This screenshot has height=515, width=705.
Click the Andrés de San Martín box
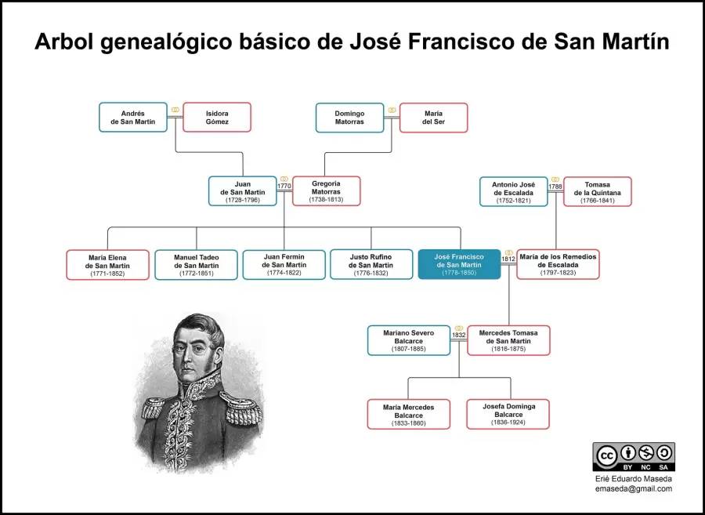[x=133, y=117]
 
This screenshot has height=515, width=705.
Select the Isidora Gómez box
[x=217, y=117]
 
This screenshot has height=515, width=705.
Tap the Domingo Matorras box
[x=349, y=117]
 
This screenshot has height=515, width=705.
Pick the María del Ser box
[x=433, y=117]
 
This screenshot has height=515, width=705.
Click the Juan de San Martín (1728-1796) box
[x=243, y=191]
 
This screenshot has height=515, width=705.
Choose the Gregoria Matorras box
[x=327, y=191]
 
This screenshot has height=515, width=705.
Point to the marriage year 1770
[x=284, y=187]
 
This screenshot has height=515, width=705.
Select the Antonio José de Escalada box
[x=513, y=191]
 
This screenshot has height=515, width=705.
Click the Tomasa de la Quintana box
[x=597, y=191]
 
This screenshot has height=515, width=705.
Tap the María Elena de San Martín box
[x=107, y=265]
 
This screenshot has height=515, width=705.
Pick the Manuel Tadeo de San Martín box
[x=196, y=265]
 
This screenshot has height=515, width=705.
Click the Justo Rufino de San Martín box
[x=371, y=265]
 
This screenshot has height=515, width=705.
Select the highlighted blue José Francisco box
[x=459, y=265]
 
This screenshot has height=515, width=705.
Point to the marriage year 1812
[x=508, y=259]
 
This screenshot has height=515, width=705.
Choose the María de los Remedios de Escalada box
[x=558, y=265]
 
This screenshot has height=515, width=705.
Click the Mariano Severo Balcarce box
[x=409, y=340]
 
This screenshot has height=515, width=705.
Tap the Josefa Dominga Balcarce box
[x=508, y=414]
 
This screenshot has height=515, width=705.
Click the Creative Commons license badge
[x=633, y=456]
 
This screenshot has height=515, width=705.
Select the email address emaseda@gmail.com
[x=633, y=489]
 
